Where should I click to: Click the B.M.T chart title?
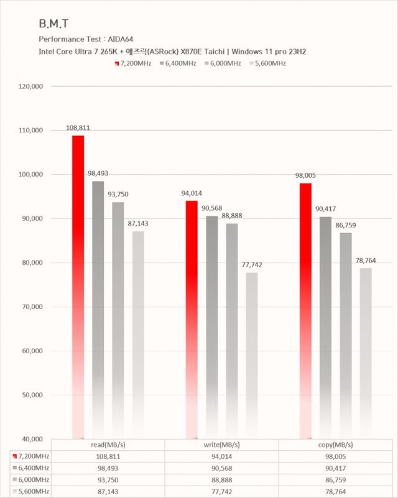pyautogui.click(x=53, y=24)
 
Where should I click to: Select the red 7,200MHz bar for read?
pyautogui.click(x=78, y=286)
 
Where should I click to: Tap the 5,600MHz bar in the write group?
pyautogui.click(x=251, y=354)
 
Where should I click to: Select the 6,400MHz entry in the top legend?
pyautogui.click(x=178, y=63)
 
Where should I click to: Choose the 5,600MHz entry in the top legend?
pyautogui.click(x=267, y=63)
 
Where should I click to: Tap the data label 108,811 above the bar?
pyautogui.click(x=78, y=128)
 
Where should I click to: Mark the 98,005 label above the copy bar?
pyautogui.click(x=305, y=176)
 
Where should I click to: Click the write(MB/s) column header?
pyautogui.click(x=222, y=445)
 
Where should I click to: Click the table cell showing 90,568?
pyautogui.click(x=222, y=468)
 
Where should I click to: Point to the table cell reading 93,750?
pyautogui.click(x=108, y=479)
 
